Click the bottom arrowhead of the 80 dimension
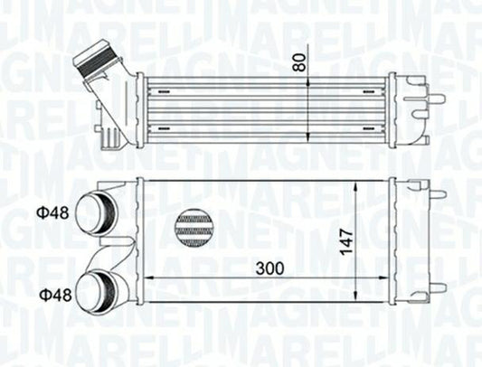[x=311, y=140]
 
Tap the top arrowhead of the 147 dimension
[x=362, y=183]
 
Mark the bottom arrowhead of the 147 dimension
[x=362, y=299]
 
